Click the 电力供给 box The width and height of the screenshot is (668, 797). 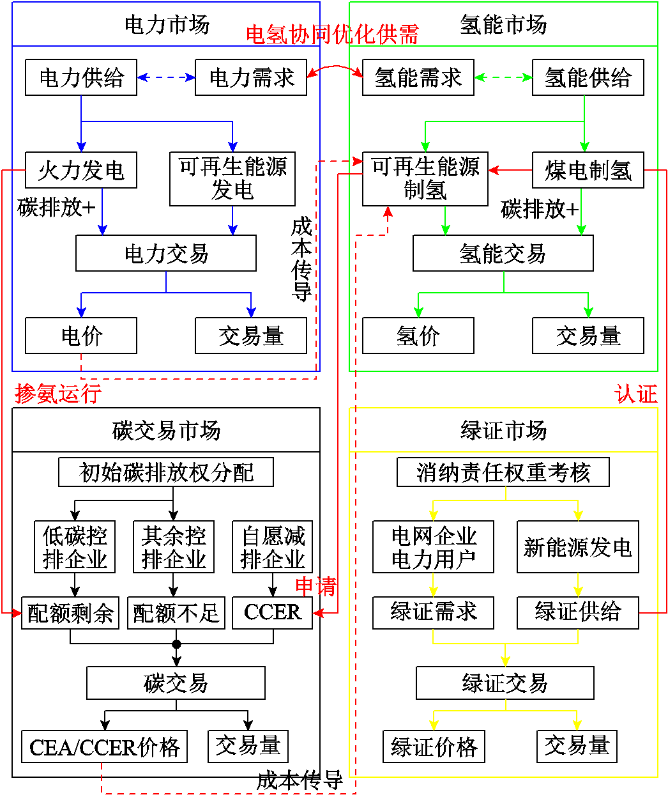pyautogui.click(x=81, y=77)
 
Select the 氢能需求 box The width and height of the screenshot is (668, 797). pyautogui.click(x=418, y=77)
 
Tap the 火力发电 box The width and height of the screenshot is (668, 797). pyautogui.click(x=81, y=170)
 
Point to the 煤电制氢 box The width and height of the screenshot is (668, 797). pyautogui.click(x=588, y=170)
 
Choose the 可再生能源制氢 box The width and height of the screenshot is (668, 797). pyautogui.click(x=425, y=179)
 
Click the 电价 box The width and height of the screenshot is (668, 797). pyautogui.click(x=81, y=336)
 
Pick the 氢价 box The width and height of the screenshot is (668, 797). pyautogui.click(x=418, y=336)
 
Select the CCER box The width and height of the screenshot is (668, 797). pyautogui.click(x=272, y=612)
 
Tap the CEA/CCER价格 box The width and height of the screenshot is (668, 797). pyautogui.click(x=105, y=747)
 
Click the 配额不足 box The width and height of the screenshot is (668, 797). pyautogui.click(x=176, y=612)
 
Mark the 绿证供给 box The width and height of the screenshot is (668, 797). pyautogui.click(x=577, y=612)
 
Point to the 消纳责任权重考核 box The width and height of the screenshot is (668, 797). pyautogui.click(x=503, y=472)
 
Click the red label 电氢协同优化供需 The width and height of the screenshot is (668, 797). pyautogui.click(x=332, y=35)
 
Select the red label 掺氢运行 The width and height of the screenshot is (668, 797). pyautogui.click(x=58, y=393)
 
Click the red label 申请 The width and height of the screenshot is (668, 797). pyautogui.click(x=315, y=585)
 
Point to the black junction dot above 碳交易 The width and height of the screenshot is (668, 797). pyautogui.click(x=176, y=644)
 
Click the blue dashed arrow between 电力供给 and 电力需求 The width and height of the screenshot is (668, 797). pyautogui.click(x=166, y=77)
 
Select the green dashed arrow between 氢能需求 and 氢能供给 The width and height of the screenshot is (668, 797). pyautogui.click(x=503, y=77)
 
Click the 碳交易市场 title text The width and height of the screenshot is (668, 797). pyautogui.click(x=166, y=430)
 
